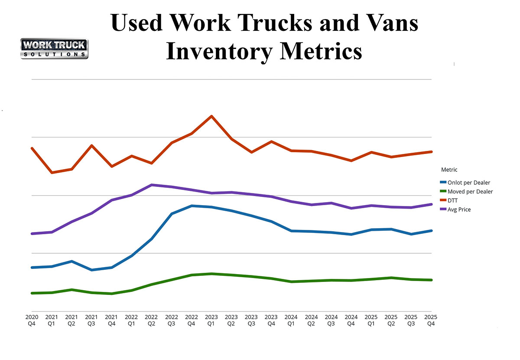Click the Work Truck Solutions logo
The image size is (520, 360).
pyautogui.click(x=54, y=49)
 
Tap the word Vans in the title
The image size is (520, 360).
pyautogui.click(x=389, y=23)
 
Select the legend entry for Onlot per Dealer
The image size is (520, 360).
pyautogui.click(x=465, y=183)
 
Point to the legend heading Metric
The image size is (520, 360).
pyautogui.click(x=449, y=170)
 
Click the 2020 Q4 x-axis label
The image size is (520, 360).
pyautogui.click(x=32, y=320)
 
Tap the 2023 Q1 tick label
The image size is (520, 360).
pyautogui.click(x=211, y=320)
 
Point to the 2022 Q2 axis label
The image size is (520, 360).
pyautogui.click(x=151, y=320)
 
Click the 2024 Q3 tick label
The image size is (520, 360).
pyautogui.click(x=331, y=320)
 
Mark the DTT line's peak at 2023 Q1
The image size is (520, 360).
pyautogui.click(x=211, y=116)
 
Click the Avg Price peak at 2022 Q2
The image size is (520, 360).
pyautogui.click(x=151, y=185)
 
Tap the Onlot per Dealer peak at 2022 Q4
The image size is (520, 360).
pyautogui.click(x=192, y=206)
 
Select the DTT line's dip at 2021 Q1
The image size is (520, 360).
pyautogui.click(x=52, y=173)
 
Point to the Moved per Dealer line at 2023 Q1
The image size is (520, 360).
pyautogui.click(x=211, y=274)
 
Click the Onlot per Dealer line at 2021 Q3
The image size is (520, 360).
pyautogui.click(x=91, y=270)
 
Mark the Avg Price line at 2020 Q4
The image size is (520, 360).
pyautogui.click(x=32, y=234)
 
